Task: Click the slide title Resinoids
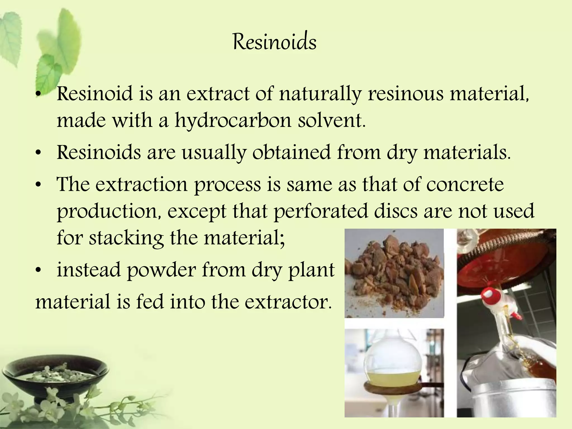pos(275,42)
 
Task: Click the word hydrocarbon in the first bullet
pos(233,121)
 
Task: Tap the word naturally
pos(320,94)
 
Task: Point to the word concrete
pos(465,185)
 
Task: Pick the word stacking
pos(126,238)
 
